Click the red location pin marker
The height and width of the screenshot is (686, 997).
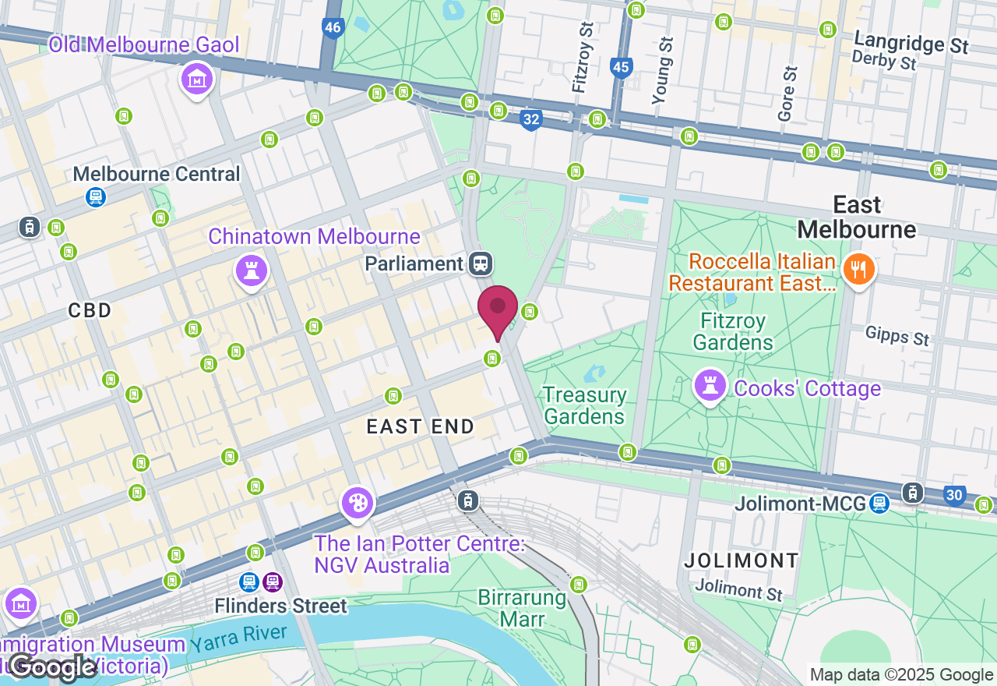pos(498,309)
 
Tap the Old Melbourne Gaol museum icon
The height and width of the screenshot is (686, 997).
pos(198,80)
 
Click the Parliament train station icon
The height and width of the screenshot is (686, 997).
pos(481,263)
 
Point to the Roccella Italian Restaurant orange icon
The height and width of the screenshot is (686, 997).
pos(858,271)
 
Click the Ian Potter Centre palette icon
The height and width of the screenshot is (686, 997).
pos(358,503)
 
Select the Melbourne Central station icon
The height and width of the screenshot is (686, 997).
pos(96,197)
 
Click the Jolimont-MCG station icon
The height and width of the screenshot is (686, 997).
pos(879,504)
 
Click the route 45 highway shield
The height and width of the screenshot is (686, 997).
pos(621,67)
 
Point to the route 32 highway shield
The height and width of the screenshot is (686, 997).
pos(531,119)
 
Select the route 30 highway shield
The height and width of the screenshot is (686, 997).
pos(955,495)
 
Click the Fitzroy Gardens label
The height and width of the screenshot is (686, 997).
pos(732,331)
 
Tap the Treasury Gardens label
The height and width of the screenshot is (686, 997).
pos(584,405)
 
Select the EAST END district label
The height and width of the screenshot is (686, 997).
pos(421,426)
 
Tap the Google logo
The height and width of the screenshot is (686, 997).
pos(53,667)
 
